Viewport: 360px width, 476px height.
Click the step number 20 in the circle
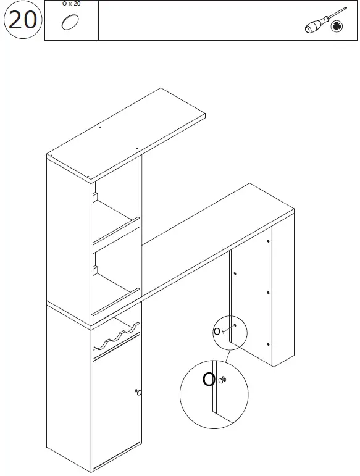tap(22, 20)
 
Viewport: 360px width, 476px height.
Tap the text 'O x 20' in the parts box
tap(72, 4)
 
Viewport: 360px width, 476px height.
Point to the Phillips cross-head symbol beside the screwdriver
tap(337, 27)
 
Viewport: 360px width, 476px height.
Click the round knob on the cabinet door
tap(139, 392)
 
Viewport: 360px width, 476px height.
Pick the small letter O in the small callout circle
tap(216, 331)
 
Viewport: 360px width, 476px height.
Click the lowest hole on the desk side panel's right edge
tap(269, 343)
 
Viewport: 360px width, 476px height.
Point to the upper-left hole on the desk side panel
tap(235, 272)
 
